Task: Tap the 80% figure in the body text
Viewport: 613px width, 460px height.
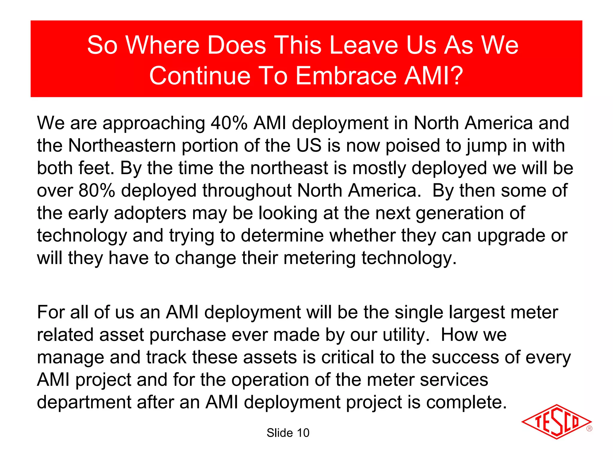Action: coord(97,190)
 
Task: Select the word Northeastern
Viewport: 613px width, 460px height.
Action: coord(122,146)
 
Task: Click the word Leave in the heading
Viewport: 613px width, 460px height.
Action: coord(364,45)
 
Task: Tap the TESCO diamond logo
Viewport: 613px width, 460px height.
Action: coord(556,422)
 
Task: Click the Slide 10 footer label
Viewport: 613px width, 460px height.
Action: coord(288,433)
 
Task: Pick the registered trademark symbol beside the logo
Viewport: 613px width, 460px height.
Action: coord(589,429)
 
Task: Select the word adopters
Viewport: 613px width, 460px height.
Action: coord(150,213)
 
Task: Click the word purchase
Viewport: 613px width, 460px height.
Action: coord(188,335)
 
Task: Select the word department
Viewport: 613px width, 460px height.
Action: coord(84,402)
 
